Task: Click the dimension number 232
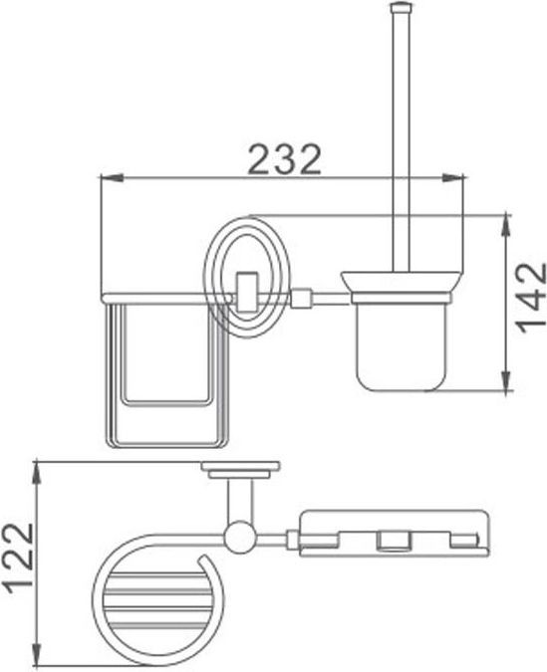284,159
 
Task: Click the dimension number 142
531,298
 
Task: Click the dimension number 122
18,558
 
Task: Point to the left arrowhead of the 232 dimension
112,177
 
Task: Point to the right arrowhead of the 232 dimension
452,177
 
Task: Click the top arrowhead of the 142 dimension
507,224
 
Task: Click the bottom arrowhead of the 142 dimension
507,379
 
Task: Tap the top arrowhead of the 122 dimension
38,473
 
